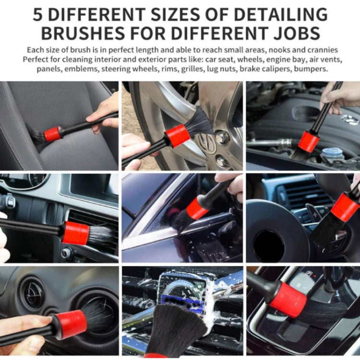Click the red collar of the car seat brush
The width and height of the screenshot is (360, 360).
53,133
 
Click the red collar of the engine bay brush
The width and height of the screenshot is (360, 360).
308,141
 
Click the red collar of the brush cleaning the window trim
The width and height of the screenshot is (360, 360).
197,209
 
